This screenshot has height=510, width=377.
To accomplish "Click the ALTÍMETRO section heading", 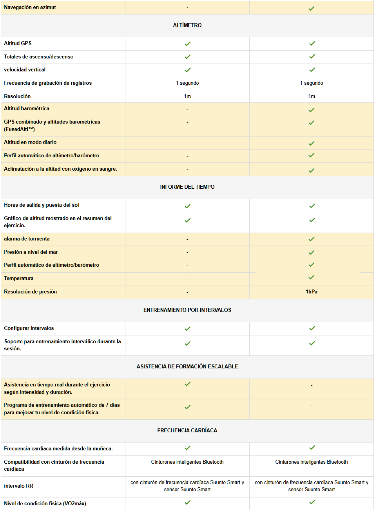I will point(187,25).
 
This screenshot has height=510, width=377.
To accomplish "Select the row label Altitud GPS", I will point(18,43).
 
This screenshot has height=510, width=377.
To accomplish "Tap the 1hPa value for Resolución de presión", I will point(312,291).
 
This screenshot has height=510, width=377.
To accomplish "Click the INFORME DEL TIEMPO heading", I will point(187,187).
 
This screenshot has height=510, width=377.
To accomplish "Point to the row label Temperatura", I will point(19,278).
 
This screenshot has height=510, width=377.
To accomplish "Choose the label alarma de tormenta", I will point(27,239).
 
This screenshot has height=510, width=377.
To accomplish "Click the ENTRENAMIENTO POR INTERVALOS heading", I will point(187,310).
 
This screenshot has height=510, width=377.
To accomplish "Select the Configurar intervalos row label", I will point(29,328).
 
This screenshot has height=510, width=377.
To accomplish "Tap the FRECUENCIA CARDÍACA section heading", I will point(187,430).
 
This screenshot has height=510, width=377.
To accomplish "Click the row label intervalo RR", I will point(18,486).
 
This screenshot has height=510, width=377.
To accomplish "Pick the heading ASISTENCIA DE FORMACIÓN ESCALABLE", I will point(187,366).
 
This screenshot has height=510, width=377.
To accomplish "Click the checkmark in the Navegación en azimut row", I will point(312,8).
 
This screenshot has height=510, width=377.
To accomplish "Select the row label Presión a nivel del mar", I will point(31,252).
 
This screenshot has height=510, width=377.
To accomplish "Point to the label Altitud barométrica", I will point(27,108).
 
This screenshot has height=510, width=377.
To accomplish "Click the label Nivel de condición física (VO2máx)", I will point(45,503).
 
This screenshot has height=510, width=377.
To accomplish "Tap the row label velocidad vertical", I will point(25,69).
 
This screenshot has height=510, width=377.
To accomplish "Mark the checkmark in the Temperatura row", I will point(312,277).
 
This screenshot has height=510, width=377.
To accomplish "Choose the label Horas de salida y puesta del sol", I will point(42,205).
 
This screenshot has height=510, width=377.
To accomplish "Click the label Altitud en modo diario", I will point(30,142).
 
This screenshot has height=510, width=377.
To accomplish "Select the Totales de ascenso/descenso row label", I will point(39,56).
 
